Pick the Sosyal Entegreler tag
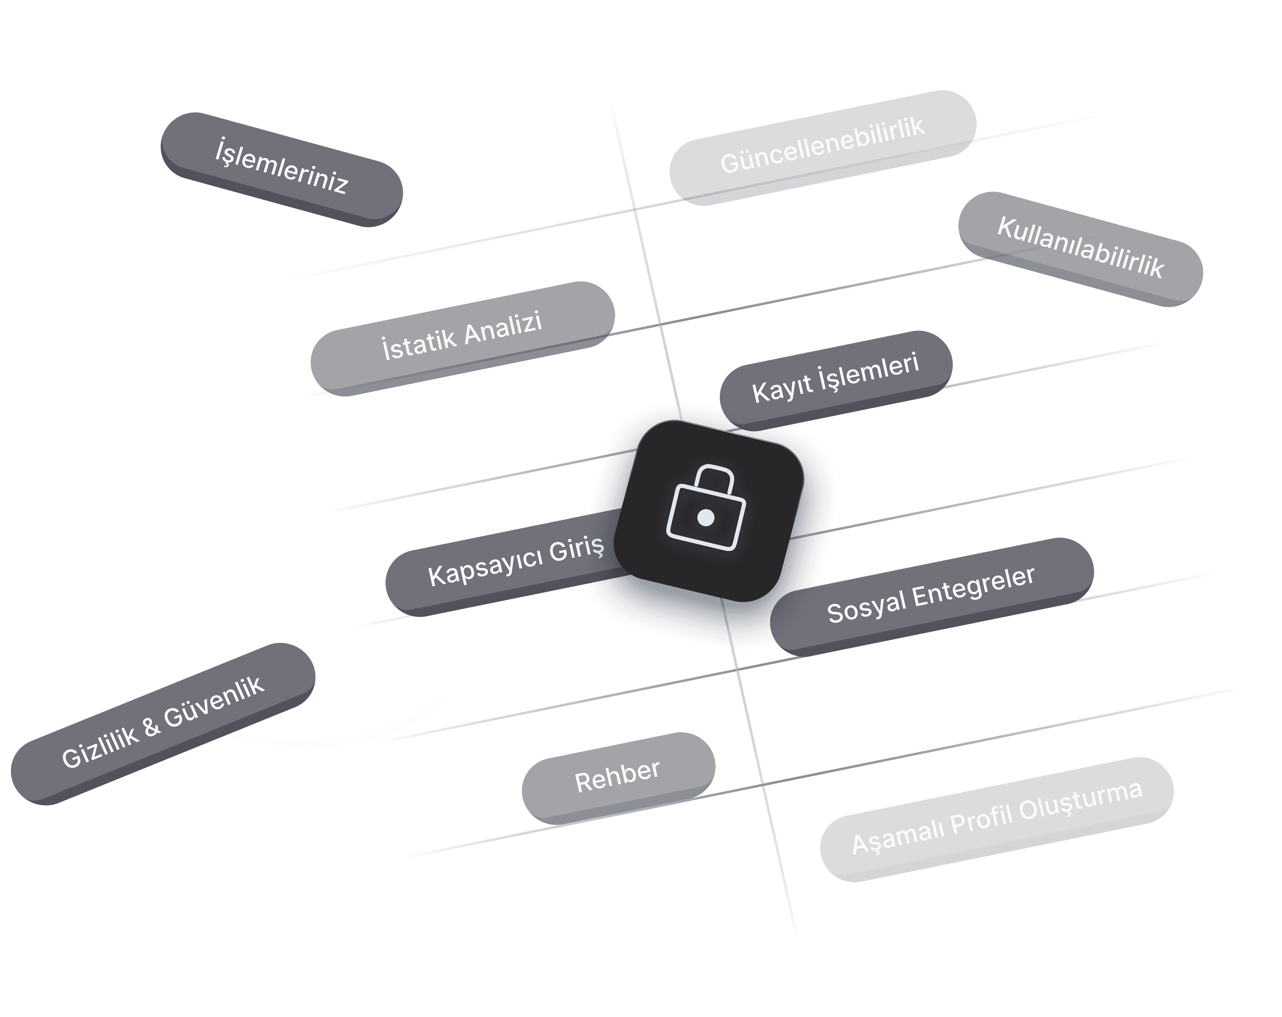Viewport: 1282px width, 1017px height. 931,597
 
